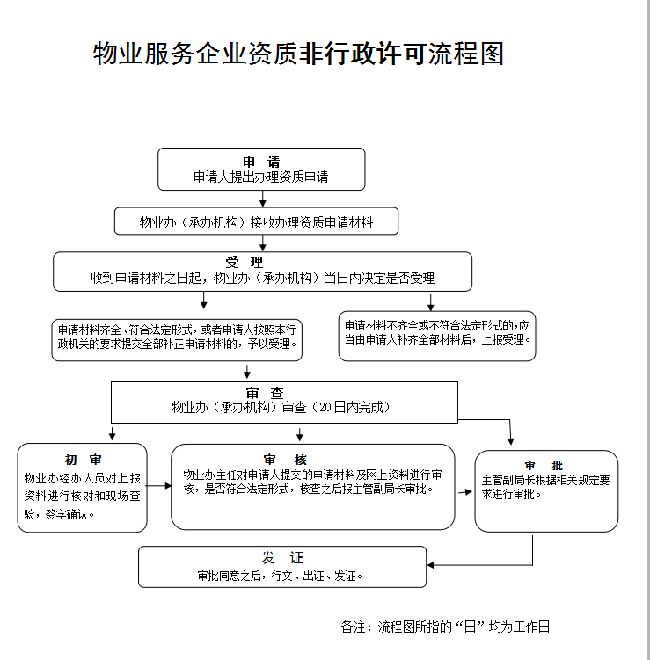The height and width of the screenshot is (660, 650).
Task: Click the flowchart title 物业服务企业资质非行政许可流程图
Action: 298,54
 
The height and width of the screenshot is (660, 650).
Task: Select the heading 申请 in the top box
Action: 261,162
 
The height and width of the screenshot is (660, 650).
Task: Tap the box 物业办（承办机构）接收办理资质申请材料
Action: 256,222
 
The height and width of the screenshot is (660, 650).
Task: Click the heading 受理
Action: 244,263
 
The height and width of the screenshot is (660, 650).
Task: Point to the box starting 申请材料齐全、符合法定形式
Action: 177,336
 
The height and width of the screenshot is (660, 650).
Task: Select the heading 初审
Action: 83,460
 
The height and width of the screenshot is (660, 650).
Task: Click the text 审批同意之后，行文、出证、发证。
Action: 281,577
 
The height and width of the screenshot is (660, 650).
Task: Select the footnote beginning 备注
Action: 445,627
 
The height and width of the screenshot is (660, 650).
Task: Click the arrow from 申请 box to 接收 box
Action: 262,199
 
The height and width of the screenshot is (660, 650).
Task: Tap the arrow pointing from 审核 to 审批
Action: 465,491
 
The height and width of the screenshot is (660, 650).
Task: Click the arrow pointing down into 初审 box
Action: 112,434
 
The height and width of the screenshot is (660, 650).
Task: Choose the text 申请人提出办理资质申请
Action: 261,177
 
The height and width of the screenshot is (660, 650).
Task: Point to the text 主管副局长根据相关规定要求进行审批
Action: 545,487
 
